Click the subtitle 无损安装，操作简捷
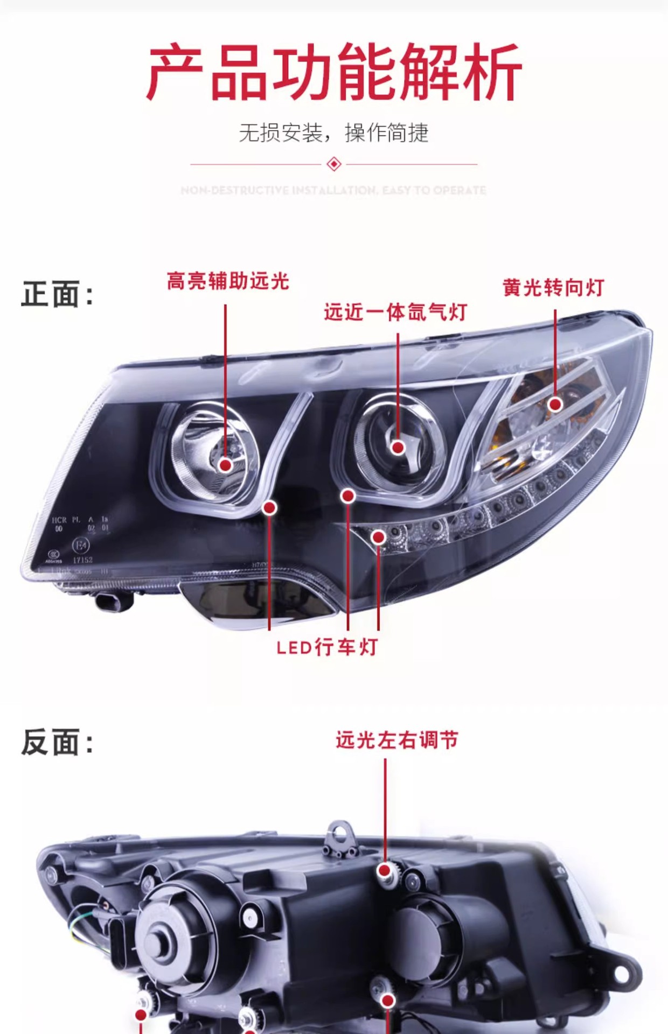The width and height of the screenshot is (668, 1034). [x=334, y=132]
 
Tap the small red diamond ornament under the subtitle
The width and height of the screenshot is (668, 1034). [x=334, y=164]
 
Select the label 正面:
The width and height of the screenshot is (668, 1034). [x=57, y=294]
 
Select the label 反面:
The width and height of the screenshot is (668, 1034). [x=57, y=742]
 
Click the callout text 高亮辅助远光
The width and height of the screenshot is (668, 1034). [x=228, y=281]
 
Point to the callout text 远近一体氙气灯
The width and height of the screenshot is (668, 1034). [x=395, y=312]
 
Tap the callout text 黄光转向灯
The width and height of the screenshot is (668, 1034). [x=553, y=288]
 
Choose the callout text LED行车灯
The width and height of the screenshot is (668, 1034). [x=327, y=647]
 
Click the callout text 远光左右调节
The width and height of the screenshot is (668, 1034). [x=397, y=740]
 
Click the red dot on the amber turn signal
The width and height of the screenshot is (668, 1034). [x=555, y=404]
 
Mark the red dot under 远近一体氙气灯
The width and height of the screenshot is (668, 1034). [x=398, y=447]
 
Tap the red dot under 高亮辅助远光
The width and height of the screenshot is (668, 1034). [x=226, y=465]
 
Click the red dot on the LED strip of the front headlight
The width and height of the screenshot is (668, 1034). [x=379, y=537]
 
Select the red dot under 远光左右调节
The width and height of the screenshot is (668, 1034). [x=385, y=870]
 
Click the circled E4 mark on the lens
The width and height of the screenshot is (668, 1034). [x=81, y=545]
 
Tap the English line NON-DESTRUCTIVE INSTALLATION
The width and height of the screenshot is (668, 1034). [x=333, y=190]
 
